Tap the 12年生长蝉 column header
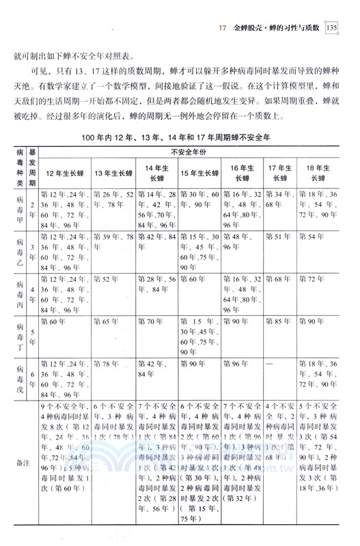65,171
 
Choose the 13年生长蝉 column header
113,171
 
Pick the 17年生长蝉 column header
280,171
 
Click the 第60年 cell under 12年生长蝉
53,321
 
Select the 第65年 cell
105,321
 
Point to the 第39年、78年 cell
113,237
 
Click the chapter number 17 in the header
221,29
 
